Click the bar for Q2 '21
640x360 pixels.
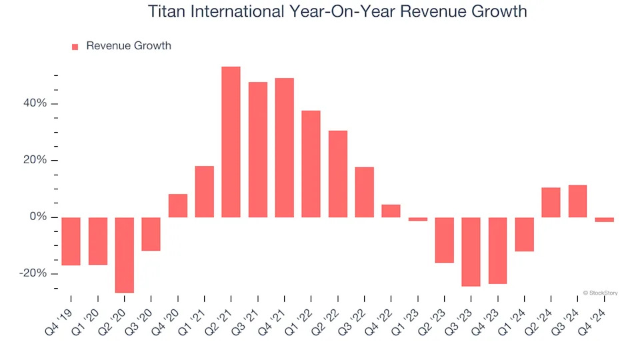click(231, 142)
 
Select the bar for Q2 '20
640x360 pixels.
click(124, 255)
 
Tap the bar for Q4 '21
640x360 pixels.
click(284, 147)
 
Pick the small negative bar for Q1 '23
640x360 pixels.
click(417, 219)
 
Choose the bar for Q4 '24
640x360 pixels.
click(604, 219)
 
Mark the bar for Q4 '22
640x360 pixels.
click(391, 211)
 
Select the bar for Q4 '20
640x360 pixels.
click(177, 205)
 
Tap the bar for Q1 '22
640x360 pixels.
click(311, 164)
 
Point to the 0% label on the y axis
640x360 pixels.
click(39, 217)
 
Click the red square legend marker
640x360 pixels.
click(75, 47)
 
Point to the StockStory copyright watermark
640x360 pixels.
click(600, 292)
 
